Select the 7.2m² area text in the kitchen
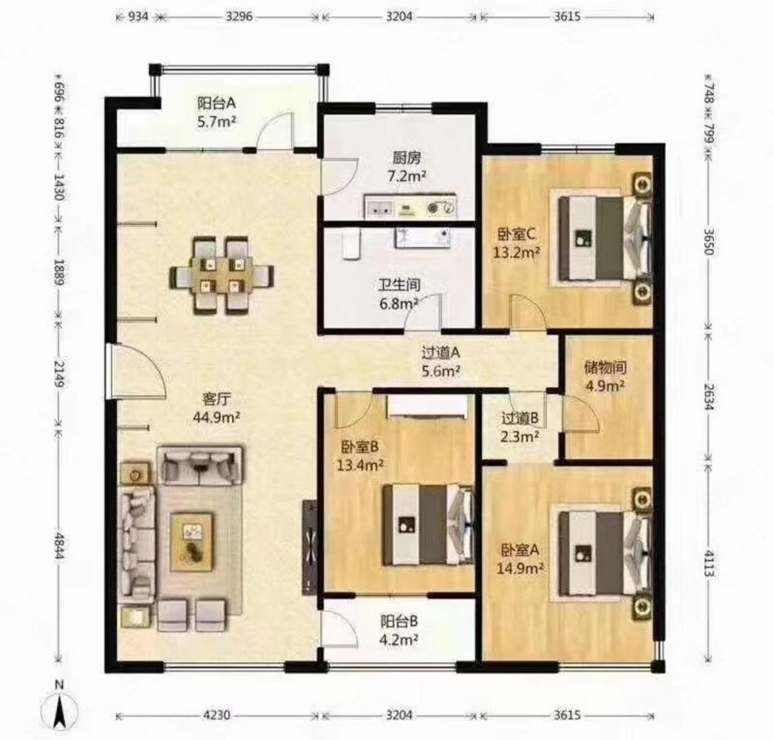(407, 176)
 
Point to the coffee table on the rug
(192, 542)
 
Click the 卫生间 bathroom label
(399, 285)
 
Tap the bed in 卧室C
(604, 238)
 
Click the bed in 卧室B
(427, 524)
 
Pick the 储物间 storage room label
(605, 368)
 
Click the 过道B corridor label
(520, 419)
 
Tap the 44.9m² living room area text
(217, 417)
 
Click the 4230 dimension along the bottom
(217, 715)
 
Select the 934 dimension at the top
(138, 16)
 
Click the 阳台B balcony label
(399, 620)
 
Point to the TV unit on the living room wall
(310, 547)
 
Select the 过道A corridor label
(441, 353)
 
